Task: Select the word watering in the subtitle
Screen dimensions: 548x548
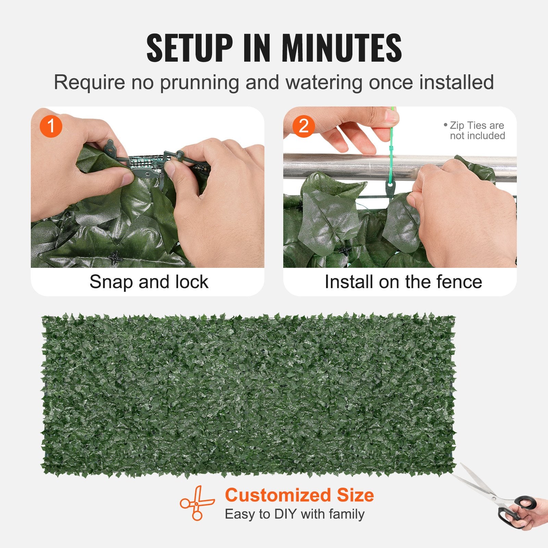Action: [324, 83]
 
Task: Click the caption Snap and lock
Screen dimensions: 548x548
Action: [149, 282]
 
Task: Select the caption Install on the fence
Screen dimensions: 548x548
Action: [403, 282]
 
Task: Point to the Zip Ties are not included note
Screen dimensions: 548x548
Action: [476, 130]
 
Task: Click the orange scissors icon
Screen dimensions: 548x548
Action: [197, 503]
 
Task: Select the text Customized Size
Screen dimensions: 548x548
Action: [299, 495]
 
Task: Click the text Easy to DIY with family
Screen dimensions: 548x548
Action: [295, 514]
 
